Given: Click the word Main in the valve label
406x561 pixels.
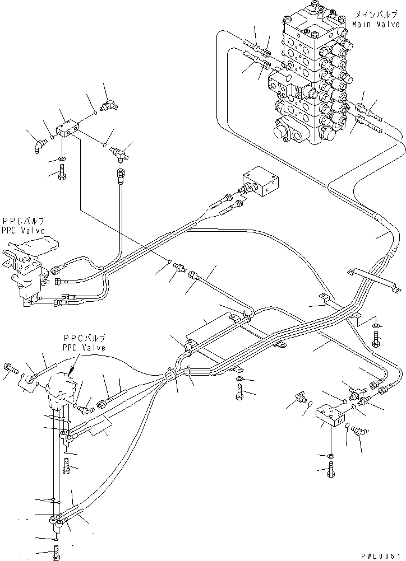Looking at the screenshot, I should click(x=362, y=24).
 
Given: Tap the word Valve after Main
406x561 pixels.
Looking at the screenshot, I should click(x=387, y=24).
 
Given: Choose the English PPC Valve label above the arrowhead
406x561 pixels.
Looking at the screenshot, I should click(x=85, y=348).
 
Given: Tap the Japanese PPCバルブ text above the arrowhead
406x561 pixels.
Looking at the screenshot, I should click(x=85, y=339).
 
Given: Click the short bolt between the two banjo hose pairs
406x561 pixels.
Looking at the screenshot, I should click(x=67, y=464).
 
